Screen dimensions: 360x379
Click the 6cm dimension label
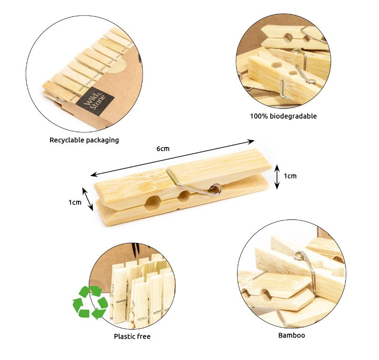point(163,148)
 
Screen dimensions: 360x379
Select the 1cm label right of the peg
point(290,176)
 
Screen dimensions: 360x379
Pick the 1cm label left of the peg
point(75,202)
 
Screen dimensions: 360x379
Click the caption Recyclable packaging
point(84,140)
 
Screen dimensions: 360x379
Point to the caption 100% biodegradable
point(283,116)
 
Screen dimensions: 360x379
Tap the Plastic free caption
point(132,336)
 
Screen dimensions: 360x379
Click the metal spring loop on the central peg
point(215,189)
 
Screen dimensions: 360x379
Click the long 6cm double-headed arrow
point(172,158)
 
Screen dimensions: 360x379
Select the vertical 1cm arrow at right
point(277,176)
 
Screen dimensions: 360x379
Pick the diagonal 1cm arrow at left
point(88,199)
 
